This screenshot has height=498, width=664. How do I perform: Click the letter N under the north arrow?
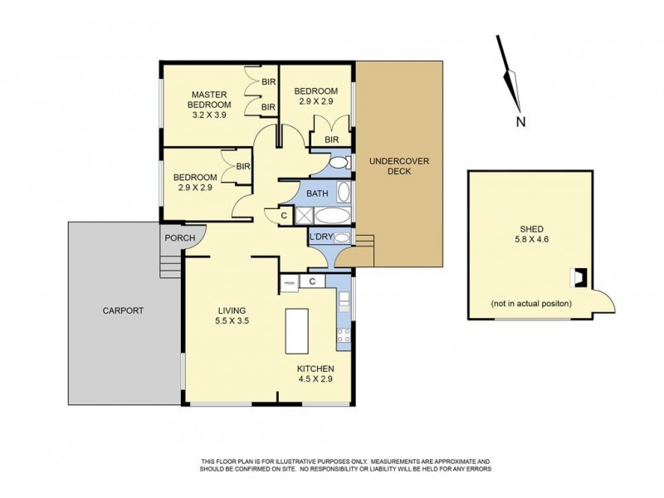point(520,122)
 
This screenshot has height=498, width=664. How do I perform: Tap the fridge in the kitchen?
point(290,282)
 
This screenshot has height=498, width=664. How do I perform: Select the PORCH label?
point(178,238)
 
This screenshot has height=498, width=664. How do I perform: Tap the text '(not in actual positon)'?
point(531,303)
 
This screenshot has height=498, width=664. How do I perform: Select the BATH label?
point(317,193)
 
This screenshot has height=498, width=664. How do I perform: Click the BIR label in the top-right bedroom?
point(333,140)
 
